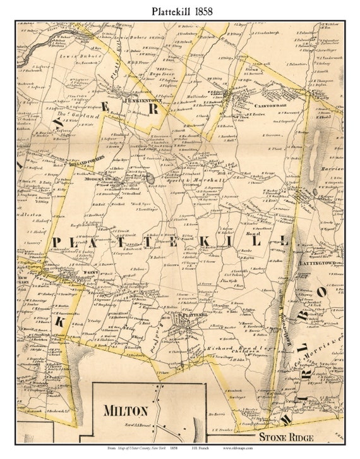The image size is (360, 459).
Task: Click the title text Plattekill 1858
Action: pyautogui.click(x=180, y=11)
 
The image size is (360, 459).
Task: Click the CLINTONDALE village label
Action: pyautogui.click(x=255, y=97)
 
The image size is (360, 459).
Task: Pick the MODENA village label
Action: pyautogui.click(x=94, y=180)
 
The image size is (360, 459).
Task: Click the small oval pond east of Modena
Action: pyautogui.click(x=152, y=180)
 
